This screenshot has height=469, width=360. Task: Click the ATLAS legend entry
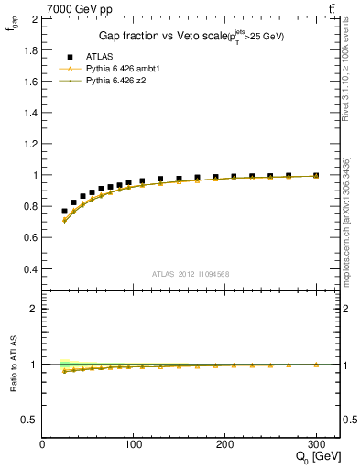pyautogui.click(x=98, y=55)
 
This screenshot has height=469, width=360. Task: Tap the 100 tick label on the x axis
pyautogui.click(x=134, y=444)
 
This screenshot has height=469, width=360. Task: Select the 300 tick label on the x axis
pyautogui.click(x=316, y=444)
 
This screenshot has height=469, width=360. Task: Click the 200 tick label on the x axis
pyautogui.click(x=225, y=444)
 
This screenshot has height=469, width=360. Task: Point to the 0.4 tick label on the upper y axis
pyautogui.click(x=28, y=269)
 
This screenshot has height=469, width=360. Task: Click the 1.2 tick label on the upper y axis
pyautogui.click(x=28, y=144)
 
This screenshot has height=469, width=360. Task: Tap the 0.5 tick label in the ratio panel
pyautogui.click(x=28, y=420)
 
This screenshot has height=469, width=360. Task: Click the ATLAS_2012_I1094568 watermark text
pyautogui.click(x=190, y=275)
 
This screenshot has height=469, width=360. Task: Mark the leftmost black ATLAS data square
pyautogui.click(x=64, y=211)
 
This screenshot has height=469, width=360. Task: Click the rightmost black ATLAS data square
pyautogui.click(x=316, y=175)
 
